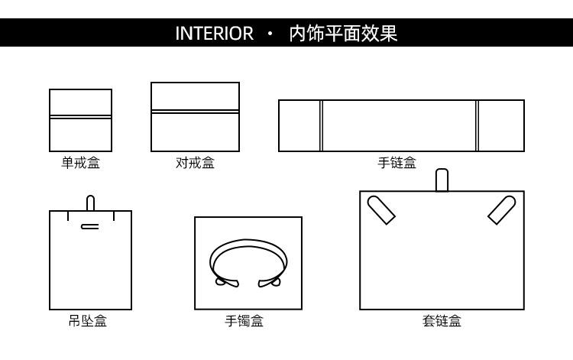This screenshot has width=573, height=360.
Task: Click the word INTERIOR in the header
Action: [x=214, y=34]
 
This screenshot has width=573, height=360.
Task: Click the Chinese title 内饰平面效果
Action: [x=343, y=34]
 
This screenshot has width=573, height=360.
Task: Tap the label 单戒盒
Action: [x=80, y=163]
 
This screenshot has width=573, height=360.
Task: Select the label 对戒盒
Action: [x=195, y=163]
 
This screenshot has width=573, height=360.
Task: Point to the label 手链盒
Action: [x=397, y=163]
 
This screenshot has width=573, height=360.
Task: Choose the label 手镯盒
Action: [x=244, y=321]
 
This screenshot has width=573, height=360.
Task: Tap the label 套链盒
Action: [x=442, y=321]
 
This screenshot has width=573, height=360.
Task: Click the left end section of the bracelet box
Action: [x=299, y=125]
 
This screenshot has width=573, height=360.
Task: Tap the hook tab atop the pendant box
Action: [x=90, y=203]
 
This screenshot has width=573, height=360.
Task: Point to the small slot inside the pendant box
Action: [x=89, y=225]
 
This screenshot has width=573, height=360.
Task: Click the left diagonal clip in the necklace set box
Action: [x=381, y=209]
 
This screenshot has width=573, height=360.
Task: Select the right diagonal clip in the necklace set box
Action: [x=502, y=209]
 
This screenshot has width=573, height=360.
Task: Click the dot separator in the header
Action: [x=270, y=34]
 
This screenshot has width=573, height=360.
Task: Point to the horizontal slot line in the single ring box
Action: [x=80, y=117]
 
